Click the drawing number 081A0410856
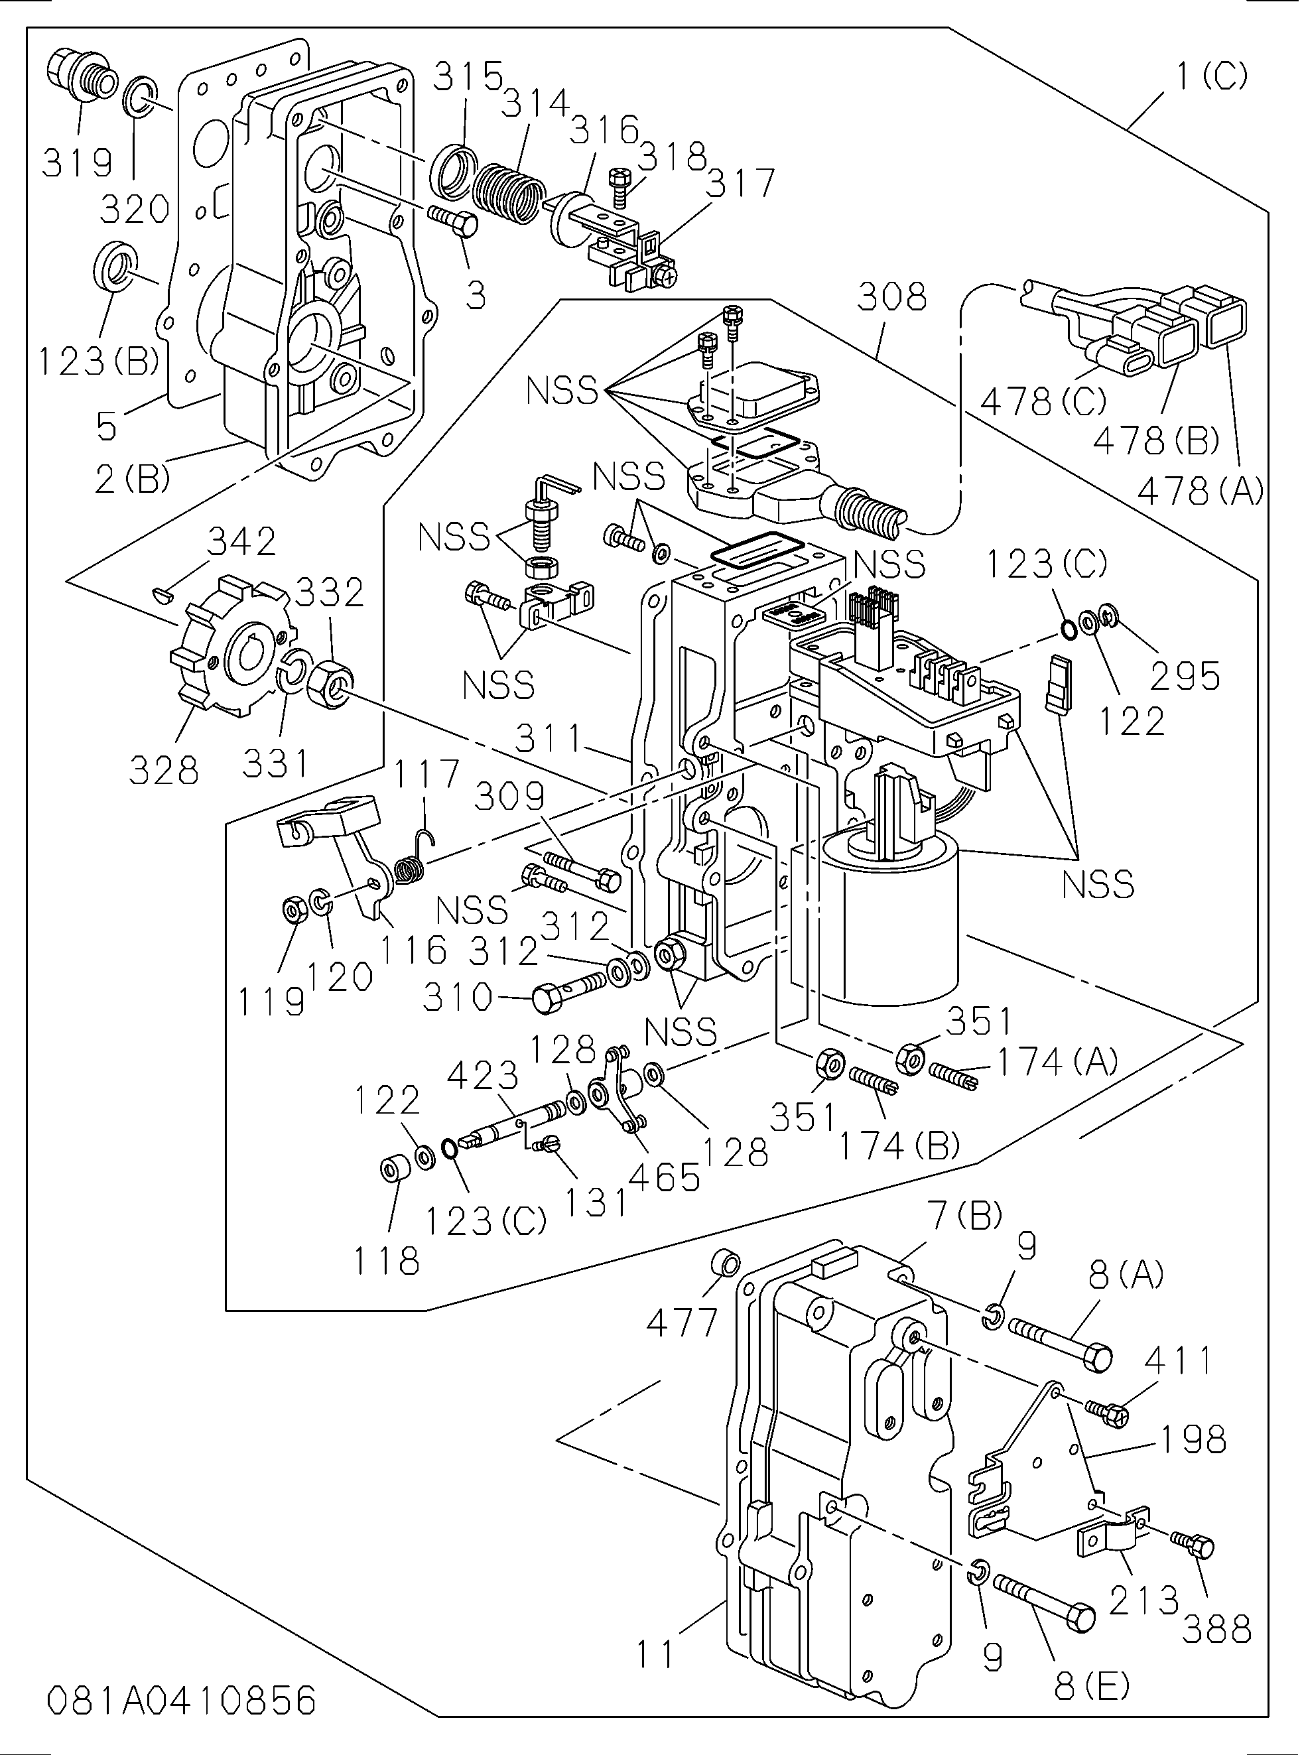tap(181, 1701)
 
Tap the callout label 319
tap(77, 163)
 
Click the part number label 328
tap(163, 769)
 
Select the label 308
tap(891, 297)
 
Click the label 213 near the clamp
tap(1143, 1600)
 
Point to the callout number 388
tap(1216, 1629)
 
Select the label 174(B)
tap(899, 1147)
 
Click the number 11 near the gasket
tap(656, 1653)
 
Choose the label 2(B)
tap(131, 478)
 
